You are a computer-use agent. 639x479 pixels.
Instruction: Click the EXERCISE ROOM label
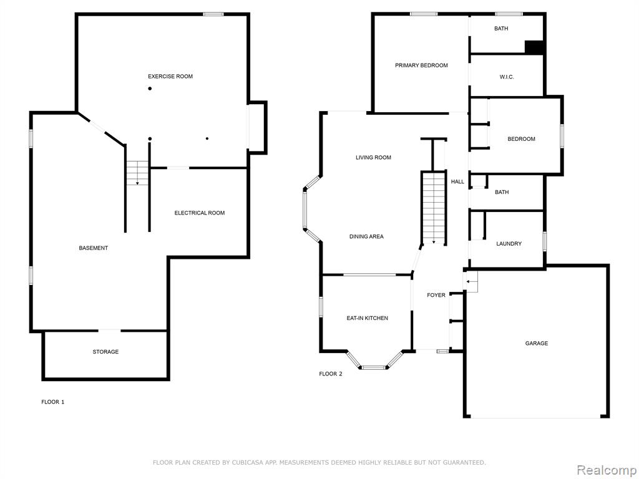coord(170,76)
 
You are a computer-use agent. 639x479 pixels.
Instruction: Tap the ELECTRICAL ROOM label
coord(199,213)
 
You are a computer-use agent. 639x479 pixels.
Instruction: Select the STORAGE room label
coord(105,352)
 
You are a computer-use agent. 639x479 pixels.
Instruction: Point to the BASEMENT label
coord(94,248)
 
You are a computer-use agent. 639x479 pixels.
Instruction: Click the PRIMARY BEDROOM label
coord(421,65)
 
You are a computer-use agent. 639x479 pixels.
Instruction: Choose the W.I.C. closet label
coord(507,77)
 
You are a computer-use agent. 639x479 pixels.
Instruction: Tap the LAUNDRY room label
coord(509,244)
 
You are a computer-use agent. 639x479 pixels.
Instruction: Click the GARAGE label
coord(536,344)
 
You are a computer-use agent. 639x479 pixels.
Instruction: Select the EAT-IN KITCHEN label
coord(367,318)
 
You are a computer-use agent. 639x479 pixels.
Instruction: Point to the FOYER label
coord(436,295)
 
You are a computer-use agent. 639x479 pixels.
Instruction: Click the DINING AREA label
coord(366,236)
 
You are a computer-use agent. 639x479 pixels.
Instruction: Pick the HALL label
coord(457,181)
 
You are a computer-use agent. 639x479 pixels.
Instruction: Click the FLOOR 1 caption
coord(53,402)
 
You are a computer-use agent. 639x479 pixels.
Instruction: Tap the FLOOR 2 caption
coord(331,374)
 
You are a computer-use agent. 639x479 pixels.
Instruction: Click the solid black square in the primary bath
coord(534,47)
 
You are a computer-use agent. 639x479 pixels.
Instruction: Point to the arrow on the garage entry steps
coord(472,281)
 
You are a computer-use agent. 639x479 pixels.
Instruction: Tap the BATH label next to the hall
coord(502,192)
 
